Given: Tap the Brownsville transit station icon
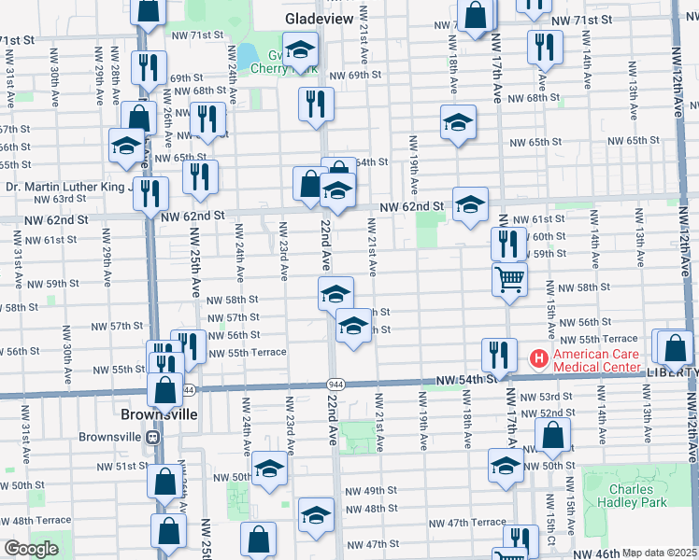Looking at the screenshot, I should coord(152,437).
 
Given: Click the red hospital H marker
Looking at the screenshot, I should coord(538,357).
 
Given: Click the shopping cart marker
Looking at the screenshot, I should coord(509,277).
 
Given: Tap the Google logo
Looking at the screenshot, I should coord(30,549).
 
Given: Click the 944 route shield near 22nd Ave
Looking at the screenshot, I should coord(335,385).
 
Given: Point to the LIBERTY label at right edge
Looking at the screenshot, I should coord(671,371).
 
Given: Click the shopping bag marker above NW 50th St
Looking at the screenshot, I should coord(552,433).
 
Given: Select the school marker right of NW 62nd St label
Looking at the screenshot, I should coord(470,203).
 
